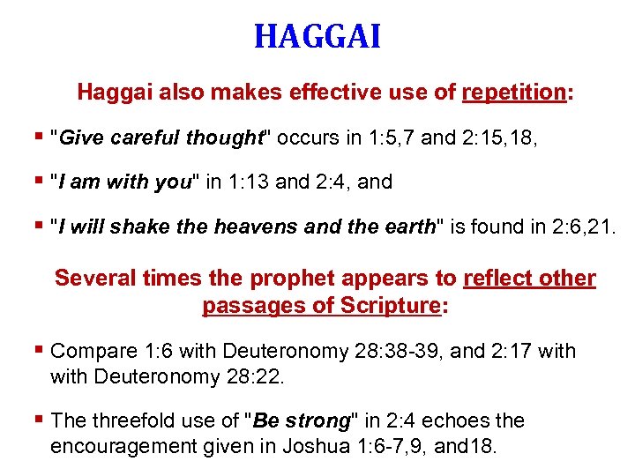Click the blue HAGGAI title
[317, 37]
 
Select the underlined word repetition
[513, 92]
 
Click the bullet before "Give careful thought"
[41, 137]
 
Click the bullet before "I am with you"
[41, 182]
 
